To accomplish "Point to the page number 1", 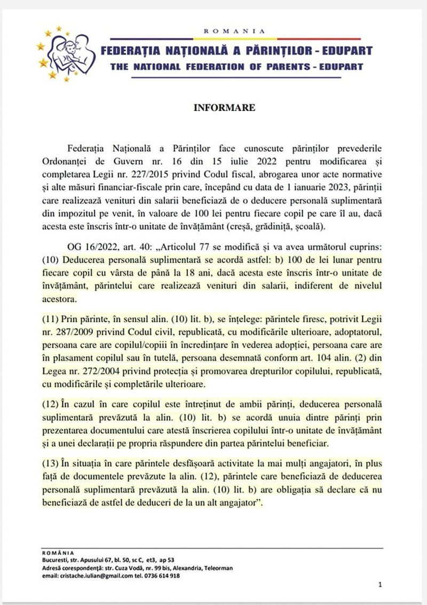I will (379, 585).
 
